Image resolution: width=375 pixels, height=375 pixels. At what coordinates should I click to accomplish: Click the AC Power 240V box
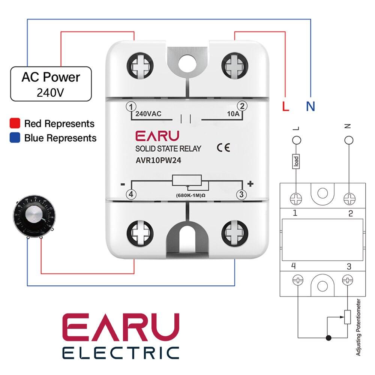51,84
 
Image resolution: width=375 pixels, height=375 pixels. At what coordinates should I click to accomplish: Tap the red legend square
15,123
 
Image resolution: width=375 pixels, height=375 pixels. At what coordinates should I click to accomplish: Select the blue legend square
15,138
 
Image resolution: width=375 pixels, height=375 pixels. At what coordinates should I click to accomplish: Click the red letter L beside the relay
286,106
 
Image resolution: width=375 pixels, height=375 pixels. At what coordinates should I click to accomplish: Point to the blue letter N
310,106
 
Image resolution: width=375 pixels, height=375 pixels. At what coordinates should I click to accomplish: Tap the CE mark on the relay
223,148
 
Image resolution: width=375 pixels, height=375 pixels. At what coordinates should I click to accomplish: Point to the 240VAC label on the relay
148,114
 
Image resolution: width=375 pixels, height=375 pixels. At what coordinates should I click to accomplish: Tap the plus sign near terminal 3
251,183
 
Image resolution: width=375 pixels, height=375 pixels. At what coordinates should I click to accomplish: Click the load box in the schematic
296,161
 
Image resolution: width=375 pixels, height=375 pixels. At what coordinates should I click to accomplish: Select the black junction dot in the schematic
328,338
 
